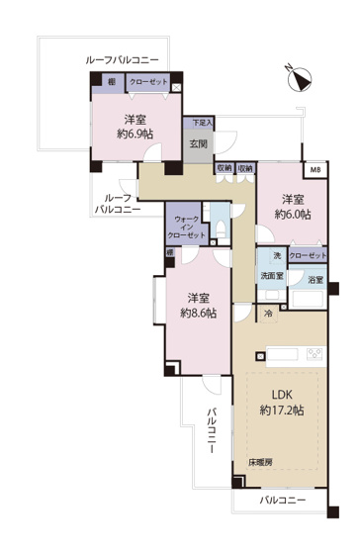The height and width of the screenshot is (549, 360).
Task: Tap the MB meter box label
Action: point(315,171)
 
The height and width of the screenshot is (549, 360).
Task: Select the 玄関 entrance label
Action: point(198,143)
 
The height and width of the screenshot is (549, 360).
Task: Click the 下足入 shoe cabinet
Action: point(201,123)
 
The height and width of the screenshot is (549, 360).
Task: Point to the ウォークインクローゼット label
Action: point(188,227)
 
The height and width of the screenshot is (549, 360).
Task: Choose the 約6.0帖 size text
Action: point(292,214)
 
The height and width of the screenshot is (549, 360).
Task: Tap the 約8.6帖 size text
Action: point(199,314)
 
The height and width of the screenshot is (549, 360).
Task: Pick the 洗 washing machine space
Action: point(264,255)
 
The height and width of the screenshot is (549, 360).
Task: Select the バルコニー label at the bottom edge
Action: point(283,501)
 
